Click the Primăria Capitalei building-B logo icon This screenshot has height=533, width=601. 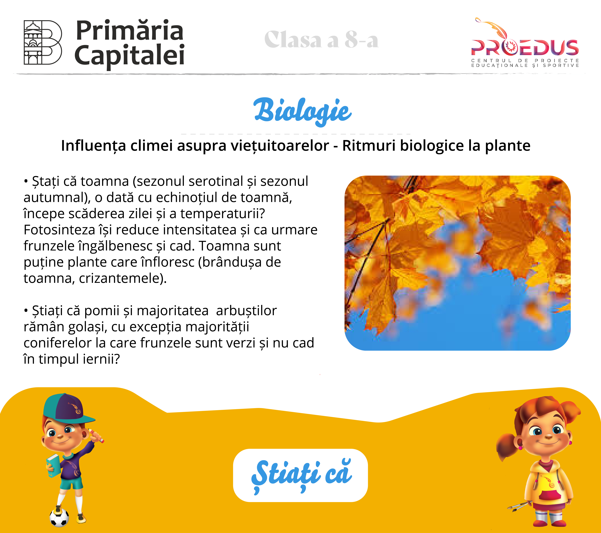click(x=43, y=42)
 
